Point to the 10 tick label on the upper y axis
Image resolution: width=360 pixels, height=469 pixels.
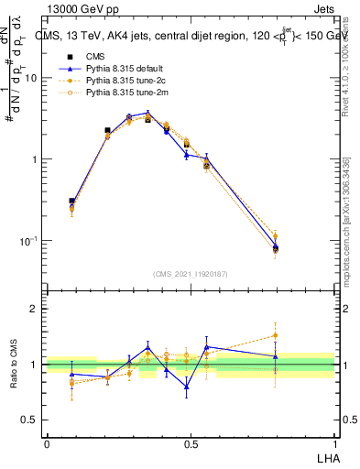pos(31,79)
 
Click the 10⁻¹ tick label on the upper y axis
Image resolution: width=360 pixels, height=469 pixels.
pos(29,241)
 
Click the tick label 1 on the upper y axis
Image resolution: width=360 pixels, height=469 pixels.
pos(36,159)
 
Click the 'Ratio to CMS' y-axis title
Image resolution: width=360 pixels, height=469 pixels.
pos(13,364)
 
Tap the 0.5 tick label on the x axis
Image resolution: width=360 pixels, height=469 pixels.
pos(191,443)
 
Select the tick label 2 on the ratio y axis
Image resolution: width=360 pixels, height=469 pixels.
pos(36,309)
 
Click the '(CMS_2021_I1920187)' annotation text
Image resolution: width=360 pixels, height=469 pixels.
pos(191,274)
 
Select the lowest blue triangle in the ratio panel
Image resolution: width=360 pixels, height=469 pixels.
pos(186,387)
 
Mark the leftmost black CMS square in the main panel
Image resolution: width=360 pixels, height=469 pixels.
pos(71,201)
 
